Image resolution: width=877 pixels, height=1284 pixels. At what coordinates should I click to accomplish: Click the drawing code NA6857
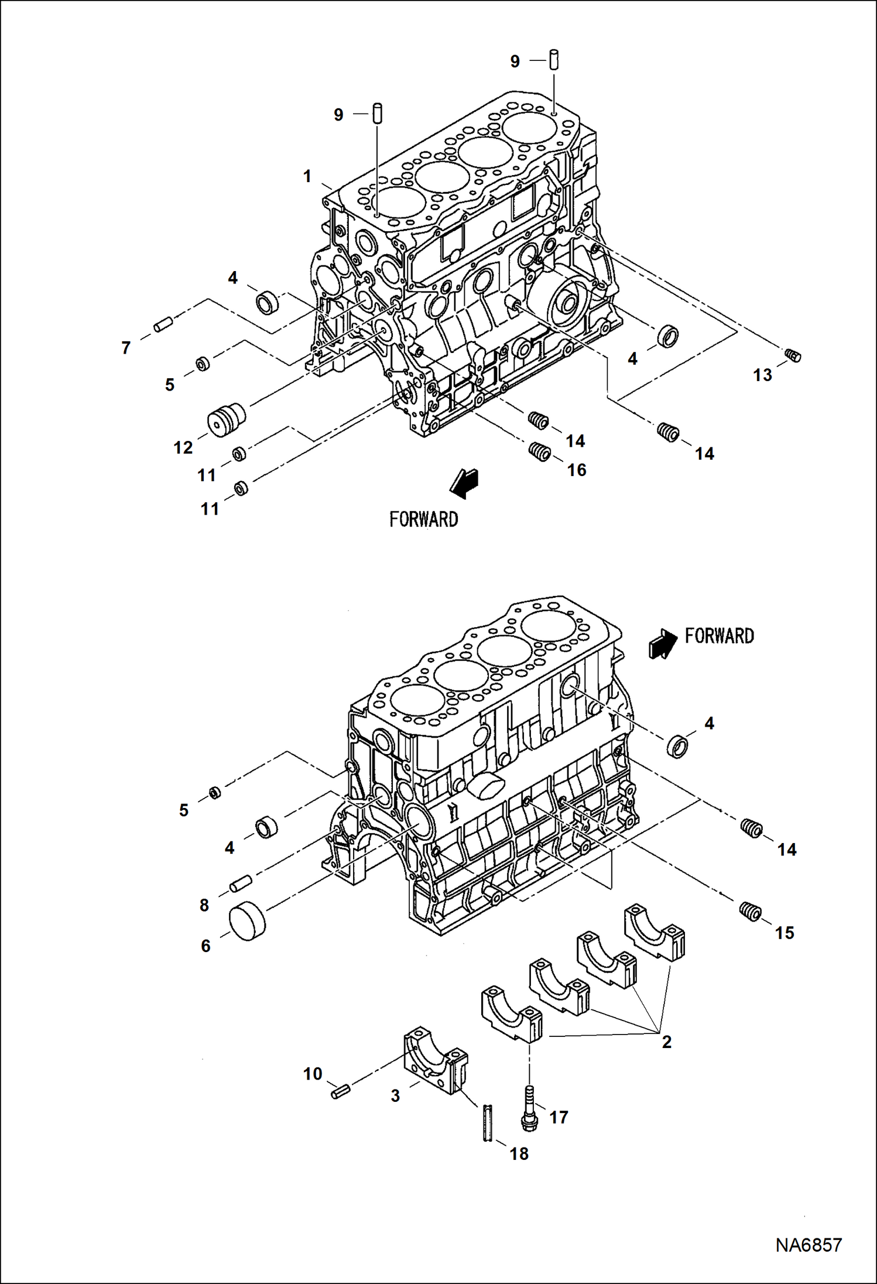tap(809, 1245)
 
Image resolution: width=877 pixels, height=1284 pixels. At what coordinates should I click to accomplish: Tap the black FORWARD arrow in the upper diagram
tap(465, 484)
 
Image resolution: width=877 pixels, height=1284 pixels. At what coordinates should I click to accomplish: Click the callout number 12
tap(183, 448)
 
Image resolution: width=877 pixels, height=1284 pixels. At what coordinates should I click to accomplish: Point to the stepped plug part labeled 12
tap(227, 419)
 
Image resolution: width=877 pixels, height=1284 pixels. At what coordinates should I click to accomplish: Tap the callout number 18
tap(519, 1154)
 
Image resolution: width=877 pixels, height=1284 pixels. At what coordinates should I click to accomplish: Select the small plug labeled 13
tap(793, 355)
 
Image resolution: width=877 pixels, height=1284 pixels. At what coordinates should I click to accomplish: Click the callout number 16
tap(576, 470)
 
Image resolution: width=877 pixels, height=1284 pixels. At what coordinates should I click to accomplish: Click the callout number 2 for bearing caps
tap(666, 1042)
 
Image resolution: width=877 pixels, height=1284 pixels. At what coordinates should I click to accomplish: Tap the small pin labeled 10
tap(340, 1091)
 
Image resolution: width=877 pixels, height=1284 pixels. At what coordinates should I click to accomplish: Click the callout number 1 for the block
tap(307, 176)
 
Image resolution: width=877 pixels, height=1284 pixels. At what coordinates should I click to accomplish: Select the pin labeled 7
tap(163, 324)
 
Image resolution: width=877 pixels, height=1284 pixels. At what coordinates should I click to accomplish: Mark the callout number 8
tap(204, 905)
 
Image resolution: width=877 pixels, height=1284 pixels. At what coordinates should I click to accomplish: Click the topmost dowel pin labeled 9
tap(554, 60)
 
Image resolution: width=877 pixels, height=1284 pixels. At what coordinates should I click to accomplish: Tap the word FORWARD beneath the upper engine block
tap(423, 519)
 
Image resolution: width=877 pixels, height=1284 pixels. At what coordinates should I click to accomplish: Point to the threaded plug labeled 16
tap(539, 452)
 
